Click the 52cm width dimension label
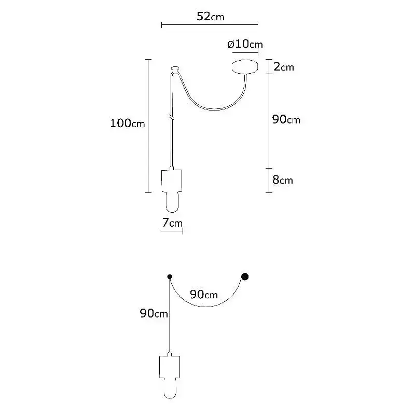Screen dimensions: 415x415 [211, 17]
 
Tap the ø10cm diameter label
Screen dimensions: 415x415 [245, 44]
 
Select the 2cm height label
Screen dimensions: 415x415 [284, 67]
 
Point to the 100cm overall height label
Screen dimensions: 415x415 [127, 123]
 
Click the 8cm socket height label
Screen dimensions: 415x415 [283, 180]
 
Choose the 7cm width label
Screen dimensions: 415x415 [172, 223]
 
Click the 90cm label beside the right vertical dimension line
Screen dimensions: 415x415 [286, 120]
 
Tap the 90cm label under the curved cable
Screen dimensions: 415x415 [204, 294]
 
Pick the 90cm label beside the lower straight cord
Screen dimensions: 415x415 [154, 313]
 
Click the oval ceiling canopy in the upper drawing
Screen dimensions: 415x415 [245, 66]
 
